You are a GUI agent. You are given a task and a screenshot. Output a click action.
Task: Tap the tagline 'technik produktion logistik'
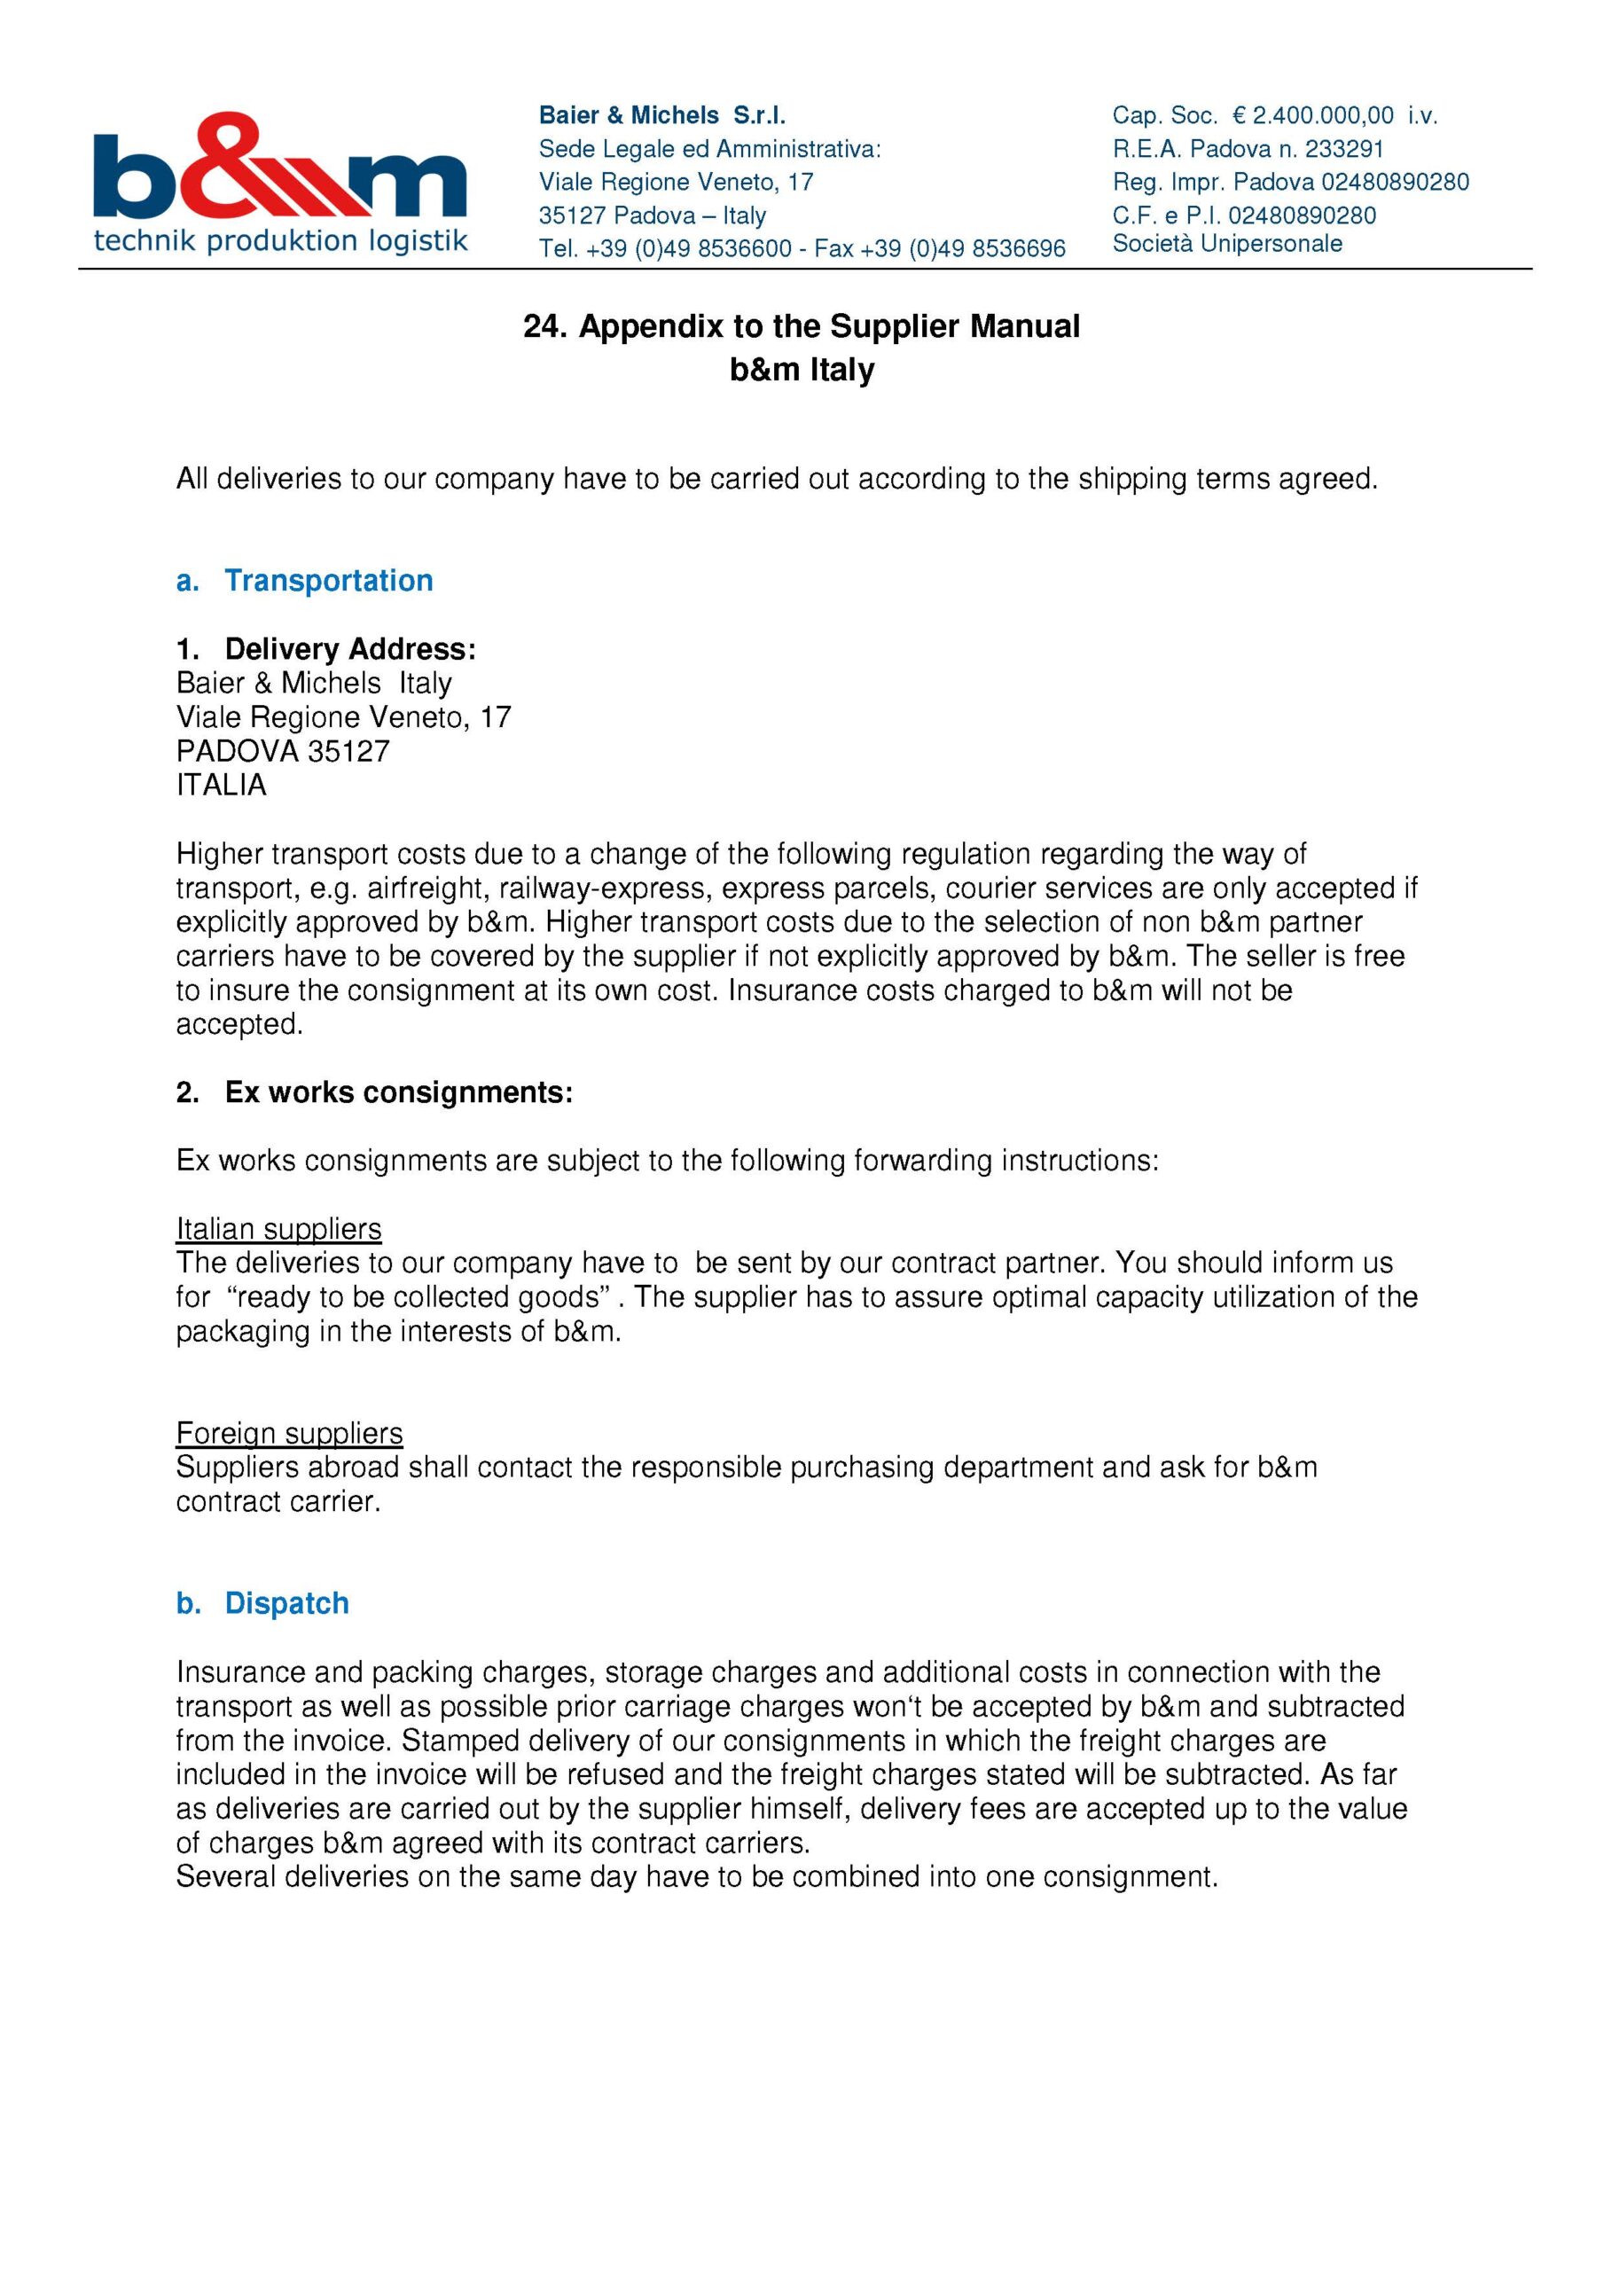coord(281,240)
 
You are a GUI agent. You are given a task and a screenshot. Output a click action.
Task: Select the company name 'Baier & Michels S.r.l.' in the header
coord(661,115)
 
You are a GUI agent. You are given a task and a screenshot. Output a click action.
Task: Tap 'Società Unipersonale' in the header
coord(1227,243)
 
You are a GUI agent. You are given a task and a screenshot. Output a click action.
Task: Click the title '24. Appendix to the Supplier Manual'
coord(801,326)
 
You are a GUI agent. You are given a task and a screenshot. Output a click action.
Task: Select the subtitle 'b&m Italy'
coord(802,370)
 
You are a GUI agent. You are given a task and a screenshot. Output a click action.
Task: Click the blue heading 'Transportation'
coord(328,580)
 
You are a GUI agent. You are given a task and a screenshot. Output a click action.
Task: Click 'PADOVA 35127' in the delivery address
coord(283,751)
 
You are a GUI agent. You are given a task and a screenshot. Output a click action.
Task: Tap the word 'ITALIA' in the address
coord(222,785)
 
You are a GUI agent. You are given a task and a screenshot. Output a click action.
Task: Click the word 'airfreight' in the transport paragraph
coord(424,888)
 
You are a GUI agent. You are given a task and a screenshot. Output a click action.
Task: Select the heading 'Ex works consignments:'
coord(398,1092)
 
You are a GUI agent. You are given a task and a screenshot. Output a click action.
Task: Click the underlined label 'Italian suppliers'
coord(279,1229)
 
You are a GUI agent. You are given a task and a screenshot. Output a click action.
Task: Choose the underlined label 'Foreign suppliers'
coord(290,1434)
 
